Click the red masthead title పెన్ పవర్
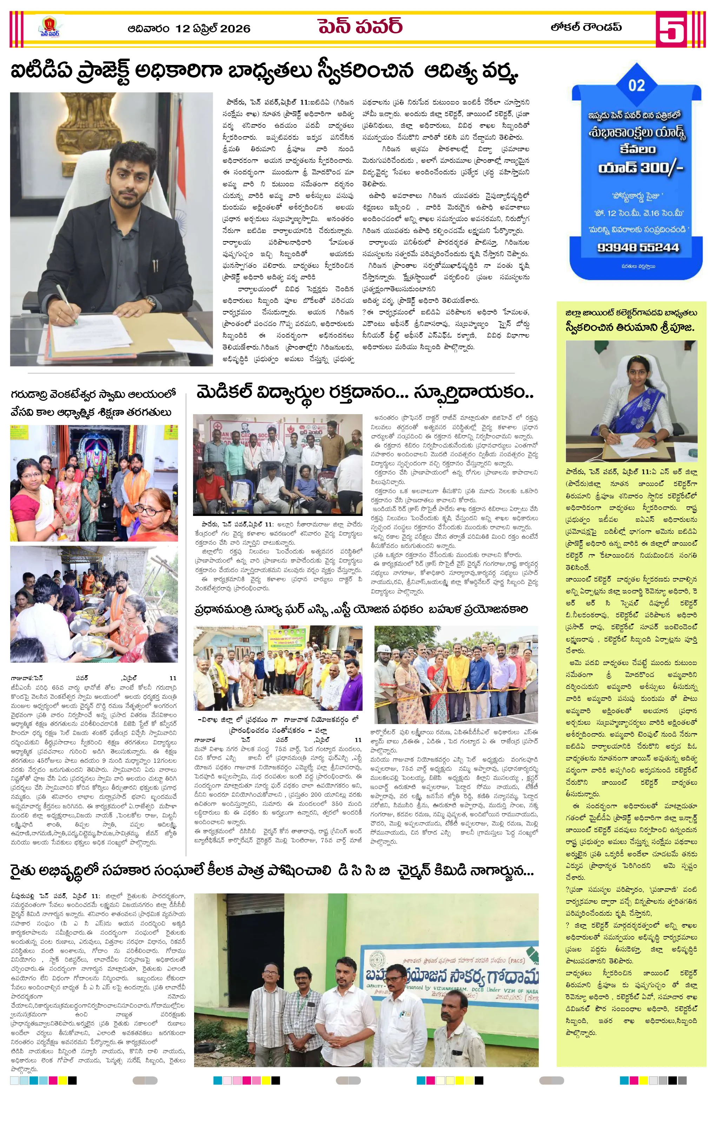click(x=360, y=26)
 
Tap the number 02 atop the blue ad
click(x=636, y=85)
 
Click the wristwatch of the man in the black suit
click(x=152, y=302)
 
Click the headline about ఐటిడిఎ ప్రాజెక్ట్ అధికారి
click(x=264, y=71)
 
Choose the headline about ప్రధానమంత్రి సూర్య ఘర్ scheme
click(x=361, y=609)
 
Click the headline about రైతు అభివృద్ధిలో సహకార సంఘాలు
click(x=272, y=871)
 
